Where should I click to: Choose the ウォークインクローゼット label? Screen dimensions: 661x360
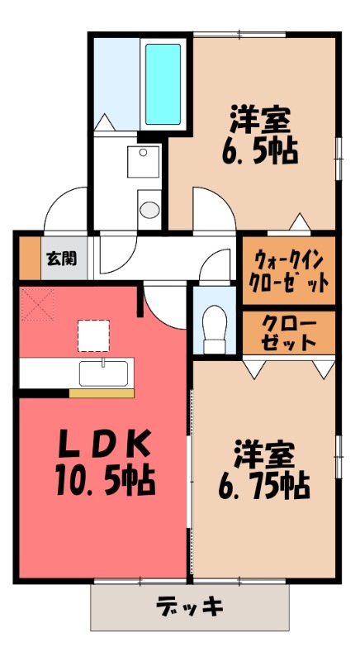point(289,269)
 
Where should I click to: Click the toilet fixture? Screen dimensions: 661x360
point(214,324)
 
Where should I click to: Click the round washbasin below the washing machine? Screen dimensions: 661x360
point(149,208)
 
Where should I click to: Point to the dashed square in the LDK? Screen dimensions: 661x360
point(92,335)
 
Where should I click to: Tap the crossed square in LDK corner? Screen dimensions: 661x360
point(36,303)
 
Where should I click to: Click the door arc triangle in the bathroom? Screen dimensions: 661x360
point(105,121)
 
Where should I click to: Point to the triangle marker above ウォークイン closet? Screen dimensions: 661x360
point(299,221)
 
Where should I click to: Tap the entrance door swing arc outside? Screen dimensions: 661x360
point(64,207)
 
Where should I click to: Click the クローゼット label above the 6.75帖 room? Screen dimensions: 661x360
point(289,330)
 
